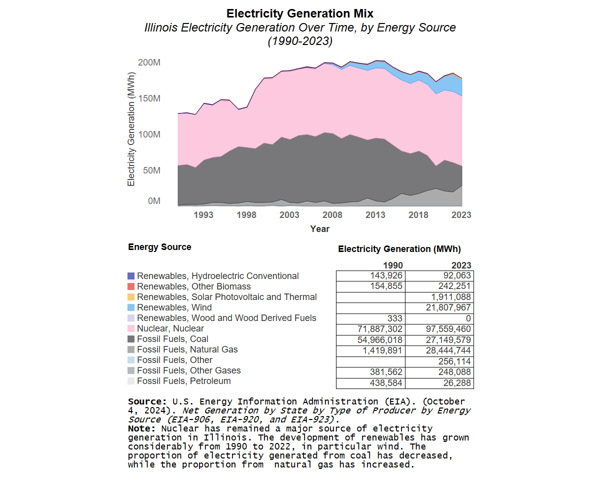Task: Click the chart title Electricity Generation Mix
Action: (299, 13)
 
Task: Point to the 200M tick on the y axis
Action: (149, 62)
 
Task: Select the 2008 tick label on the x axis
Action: (332, 215)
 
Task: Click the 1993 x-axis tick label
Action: (203, 215)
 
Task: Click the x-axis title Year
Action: (319, 228)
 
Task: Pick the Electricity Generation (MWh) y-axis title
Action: (131, 130)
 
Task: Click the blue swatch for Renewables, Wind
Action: (131, 307)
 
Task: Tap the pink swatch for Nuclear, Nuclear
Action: (131, 328)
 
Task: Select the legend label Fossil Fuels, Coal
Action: (172, 339)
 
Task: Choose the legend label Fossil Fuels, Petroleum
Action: (183, 381)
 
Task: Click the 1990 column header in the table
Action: (392, 265)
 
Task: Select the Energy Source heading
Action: (159, 247)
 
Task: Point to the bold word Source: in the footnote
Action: (147, 401)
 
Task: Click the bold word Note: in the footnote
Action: (143, 428)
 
